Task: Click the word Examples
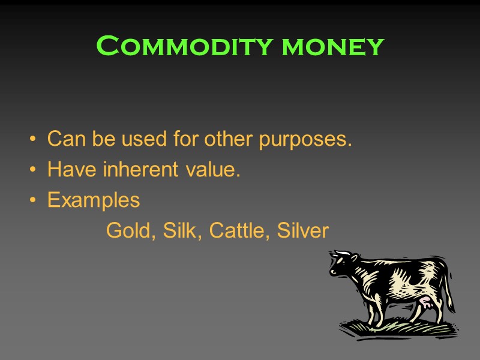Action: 94,200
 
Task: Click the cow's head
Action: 343,264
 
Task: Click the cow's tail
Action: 449,288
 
